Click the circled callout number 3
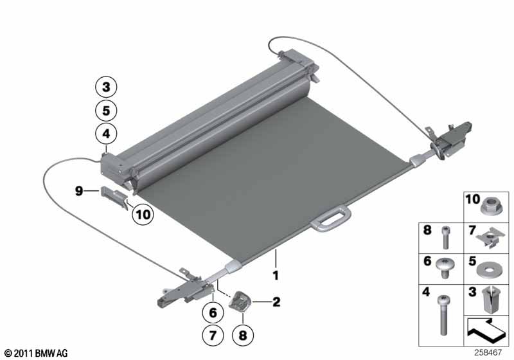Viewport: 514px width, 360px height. click(106, 87)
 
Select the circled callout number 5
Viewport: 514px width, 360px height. click(106, 111)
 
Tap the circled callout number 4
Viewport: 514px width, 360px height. click(106, 134)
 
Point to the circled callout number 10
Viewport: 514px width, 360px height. click(143, 215)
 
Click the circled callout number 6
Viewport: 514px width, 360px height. click(213, 312)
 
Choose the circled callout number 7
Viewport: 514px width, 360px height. click(213, 336)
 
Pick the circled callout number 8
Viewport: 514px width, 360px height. click(243, 336)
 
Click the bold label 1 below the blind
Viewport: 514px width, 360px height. click(276, 275)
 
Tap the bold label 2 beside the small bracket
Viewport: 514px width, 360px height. click(276, 302)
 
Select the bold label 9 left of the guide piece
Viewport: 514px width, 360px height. click(79, 190)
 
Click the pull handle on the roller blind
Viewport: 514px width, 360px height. click(330, 218)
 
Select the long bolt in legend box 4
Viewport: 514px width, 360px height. click(443, 315)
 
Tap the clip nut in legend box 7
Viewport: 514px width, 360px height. click(490, 237)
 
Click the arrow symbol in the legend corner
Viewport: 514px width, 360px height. click(486, 330)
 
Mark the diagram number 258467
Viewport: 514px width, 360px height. click(488, 352)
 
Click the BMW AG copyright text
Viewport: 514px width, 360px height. click(37, 353)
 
